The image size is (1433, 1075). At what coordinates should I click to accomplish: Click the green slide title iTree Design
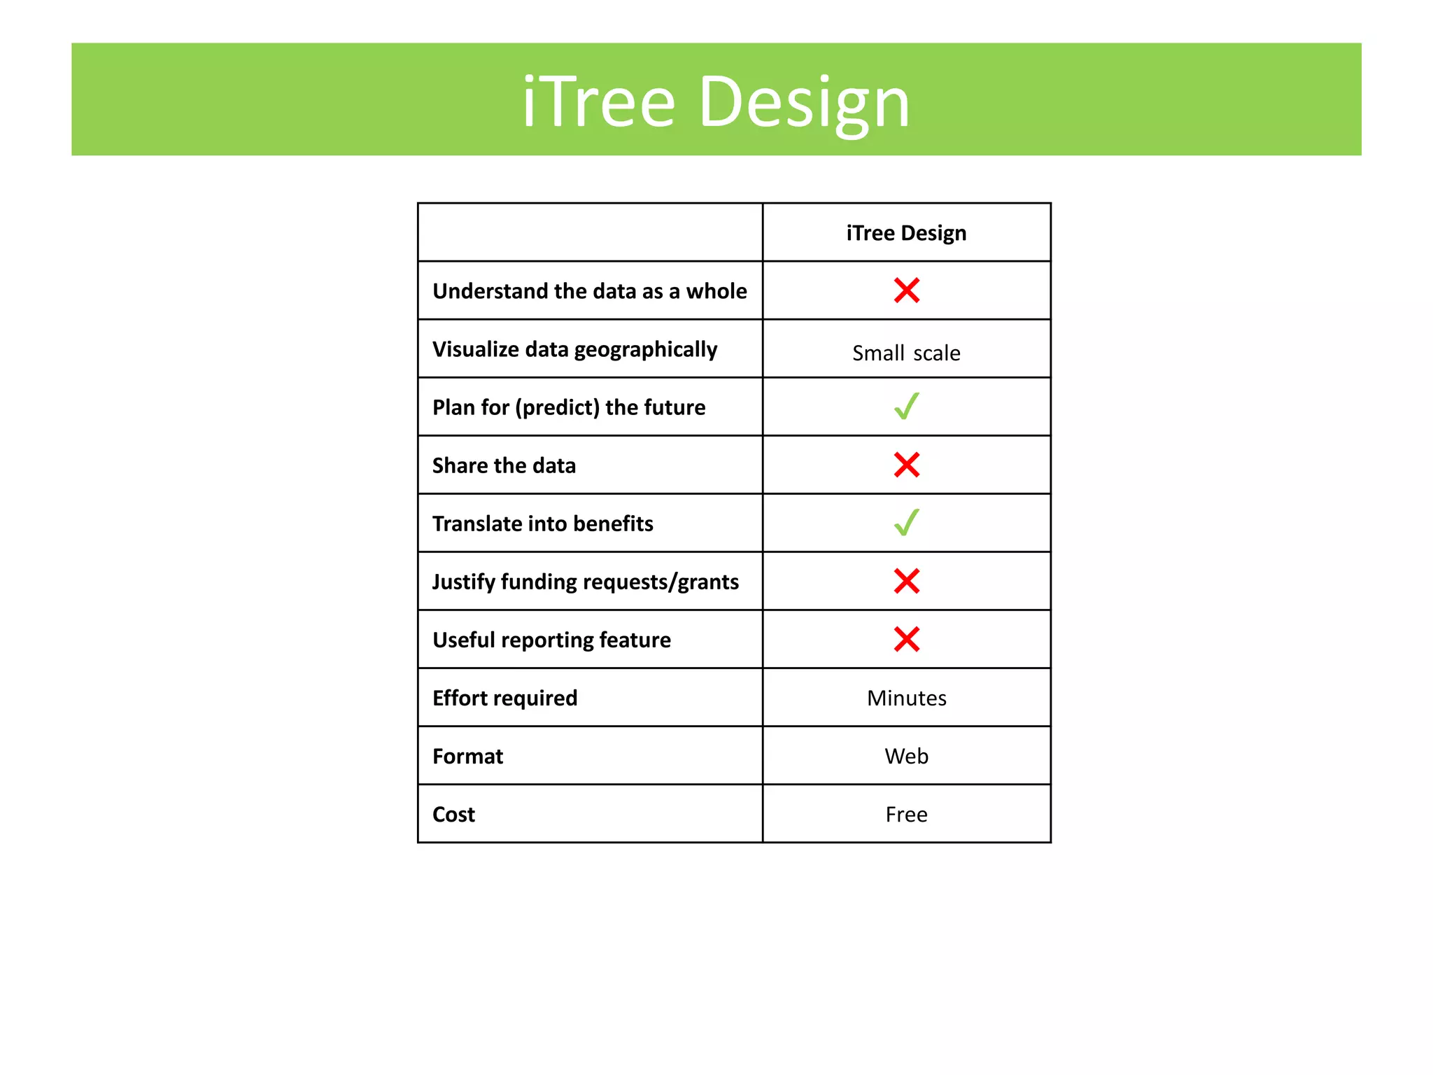click(716, 102)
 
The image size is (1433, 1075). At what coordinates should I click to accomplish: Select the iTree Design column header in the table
click(906, 233)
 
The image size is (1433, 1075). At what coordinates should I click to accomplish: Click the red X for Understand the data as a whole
click(906, 290)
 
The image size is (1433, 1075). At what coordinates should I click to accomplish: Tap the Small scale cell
click(906, 353)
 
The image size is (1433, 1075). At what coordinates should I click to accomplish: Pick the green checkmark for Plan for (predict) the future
click(906, 407)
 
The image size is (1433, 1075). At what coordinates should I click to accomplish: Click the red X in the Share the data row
click(906, 465)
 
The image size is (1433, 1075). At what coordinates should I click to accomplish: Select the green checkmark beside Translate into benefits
click(906, 523)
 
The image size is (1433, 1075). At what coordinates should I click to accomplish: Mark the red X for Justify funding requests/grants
click(906, 581)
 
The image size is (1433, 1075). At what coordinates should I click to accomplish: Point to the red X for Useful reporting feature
click(906, 639)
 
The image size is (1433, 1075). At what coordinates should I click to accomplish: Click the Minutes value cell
click(906, 698)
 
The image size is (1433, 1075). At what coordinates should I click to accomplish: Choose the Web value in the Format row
click(906, 756)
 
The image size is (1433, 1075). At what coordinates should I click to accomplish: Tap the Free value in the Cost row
click(906, 814)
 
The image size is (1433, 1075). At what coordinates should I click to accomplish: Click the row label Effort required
click(504, 698)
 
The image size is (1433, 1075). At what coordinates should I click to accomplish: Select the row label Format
click(467, 756)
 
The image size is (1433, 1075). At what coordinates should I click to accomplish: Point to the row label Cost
click(453, 814)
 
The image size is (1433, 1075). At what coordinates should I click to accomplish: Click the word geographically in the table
click(646, 350)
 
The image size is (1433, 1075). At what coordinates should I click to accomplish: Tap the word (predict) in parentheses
click(557, 408)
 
